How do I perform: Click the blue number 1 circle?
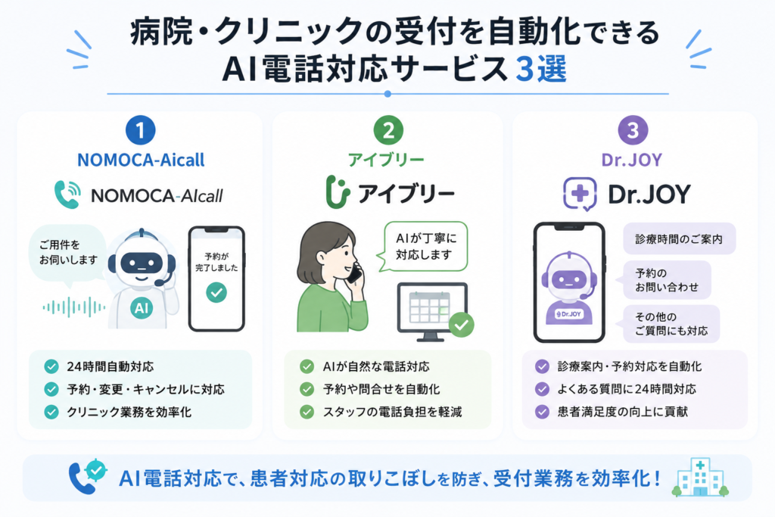(140, 130)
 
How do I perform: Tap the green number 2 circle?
(388, 130)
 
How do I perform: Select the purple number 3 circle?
(633, 130)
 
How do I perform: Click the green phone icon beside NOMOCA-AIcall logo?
(67, 195)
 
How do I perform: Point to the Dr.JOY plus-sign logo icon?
(580, 194)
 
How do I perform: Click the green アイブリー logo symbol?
(338, 192)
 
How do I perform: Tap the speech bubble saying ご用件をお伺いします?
(67, 254)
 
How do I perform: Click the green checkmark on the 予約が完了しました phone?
(216, 292)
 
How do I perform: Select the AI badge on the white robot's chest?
(142, 308)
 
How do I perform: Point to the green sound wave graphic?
(74, 307)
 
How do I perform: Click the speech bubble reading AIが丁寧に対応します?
(423, 247)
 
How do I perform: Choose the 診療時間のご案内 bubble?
(679, 238)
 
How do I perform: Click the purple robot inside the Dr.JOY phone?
(569, 288)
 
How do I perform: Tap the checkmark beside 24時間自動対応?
(51, 366)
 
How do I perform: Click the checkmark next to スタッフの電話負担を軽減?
(307, 412)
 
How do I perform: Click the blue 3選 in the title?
(540, 69)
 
